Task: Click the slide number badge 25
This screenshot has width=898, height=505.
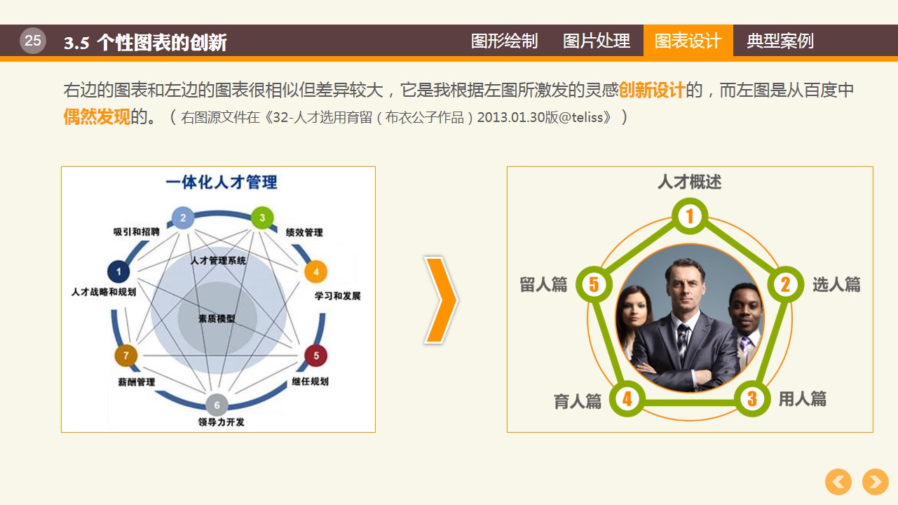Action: [33, 41]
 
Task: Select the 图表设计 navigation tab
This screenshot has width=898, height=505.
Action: [688, 41]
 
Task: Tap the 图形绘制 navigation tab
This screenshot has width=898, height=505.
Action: [504, 41]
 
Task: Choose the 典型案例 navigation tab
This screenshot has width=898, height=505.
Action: [780, 41]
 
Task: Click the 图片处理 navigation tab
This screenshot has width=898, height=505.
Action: [597, 41]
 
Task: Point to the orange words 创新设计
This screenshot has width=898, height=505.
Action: [652, 90]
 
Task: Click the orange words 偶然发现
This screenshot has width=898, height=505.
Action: [97, 116]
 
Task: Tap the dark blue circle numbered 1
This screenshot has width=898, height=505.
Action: [118, 271]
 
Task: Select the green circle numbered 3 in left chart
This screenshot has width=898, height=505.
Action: [262, 218]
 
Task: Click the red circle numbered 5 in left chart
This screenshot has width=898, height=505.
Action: [316, 356]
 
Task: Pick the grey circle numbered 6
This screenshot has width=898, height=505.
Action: [217, 405]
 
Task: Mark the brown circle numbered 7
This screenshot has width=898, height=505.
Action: [126, 356]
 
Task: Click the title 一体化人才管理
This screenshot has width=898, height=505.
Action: [222, 182]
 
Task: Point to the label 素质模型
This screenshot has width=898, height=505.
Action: [217, 318]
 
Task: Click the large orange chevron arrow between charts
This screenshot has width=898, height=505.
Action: [441, 300]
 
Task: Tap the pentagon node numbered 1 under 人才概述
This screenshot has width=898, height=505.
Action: [690, 217]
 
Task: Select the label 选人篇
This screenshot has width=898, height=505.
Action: [837, 284]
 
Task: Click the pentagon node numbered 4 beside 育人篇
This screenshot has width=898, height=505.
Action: [627, 398]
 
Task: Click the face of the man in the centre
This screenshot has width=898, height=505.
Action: [686, 285]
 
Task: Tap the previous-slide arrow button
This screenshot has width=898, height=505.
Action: [838, 482]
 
